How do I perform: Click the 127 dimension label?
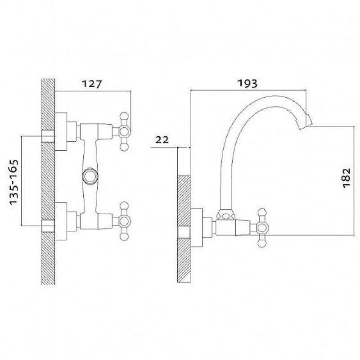tap(92, 84)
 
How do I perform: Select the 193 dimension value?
tap(247, 83)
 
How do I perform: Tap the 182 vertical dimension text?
tap(346, 178)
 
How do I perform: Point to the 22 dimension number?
tap(162, 139)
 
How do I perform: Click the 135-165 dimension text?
tap(14, 182)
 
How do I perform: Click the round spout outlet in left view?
tap(90, 176)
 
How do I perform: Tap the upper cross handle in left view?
tap(124, 131)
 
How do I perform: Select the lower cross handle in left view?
tap(124, 221)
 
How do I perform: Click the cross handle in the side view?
tap(262, 228)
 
